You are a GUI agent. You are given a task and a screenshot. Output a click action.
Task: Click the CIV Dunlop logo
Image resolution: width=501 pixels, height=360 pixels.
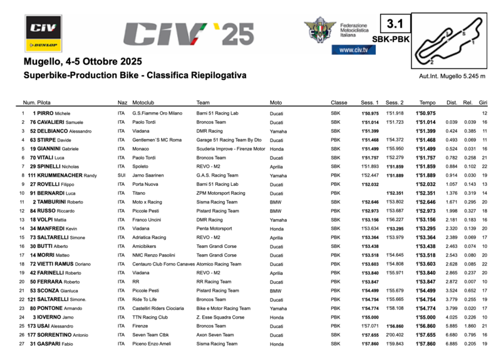(43, 33)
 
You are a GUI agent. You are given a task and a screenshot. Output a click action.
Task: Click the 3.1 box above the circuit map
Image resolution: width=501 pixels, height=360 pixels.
(395, 24)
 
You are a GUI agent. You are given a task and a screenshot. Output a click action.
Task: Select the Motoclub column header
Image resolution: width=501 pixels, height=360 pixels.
(143, 102)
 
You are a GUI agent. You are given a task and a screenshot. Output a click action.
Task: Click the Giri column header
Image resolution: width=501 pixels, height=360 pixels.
(483, 102)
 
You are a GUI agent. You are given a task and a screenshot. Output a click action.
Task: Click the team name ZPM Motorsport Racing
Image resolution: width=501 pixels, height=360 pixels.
(220, 194)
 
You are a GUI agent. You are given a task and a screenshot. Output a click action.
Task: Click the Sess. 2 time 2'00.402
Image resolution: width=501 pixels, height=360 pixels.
(395, 335)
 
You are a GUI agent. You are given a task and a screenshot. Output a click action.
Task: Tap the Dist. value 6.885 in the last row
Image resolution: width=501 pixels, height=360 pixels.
(452, 344)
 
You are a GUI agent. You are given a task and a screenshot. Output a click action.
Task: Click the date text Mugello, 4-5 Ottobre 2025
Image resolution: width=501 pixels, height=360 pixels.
(82, 61)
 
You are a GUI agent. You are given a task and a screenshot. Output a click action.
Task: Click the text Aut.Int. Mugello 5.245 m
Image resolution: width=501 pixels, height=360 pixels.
(452, 76)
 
